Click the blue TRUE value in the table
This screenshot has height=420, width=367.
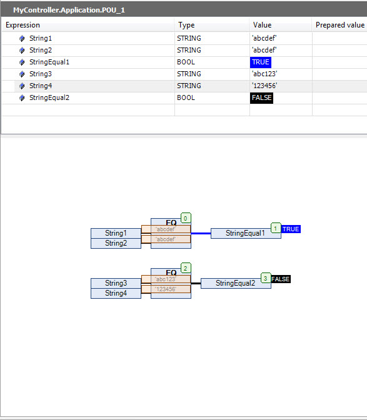point(260,62)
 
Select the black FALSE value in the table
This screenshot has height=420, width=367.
point(261,97)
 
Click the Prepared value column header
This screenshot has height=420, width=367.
point(340,25)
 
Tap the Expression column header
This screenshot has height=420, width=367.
point(23,25)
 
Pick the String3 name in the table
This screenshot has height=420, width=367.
point(41,74)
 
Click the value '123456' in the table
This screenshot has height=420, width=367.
point(264,86)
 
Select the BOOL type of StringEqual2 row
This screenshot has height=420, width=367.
point(186,97)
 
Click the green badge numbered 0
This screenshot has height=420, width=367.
point(186,218)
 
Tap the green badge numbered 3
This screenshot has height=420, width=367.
point(266,278)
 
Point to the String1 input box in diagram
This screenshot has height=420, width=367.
point(116,233)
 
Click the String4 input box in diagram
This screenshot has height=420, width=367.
point(116,293)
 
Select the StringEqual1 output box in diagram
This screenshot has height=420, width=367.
point(246,233)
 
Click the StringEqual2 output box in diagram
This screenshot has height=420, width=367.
point(236,283)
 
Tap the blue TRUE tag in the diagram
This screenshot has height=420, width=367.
point(291,229)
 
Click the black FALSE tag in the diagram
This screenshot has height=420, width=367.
point(281,279)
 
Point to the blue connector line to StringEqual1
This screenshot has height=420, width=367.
point(201,233)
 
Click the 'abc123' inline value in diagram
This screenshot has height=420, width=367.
point(166,279)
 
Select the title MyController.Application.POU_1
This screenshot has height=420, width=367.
point(69,10)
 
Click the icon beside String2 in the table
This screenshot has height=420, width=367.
point(22,51)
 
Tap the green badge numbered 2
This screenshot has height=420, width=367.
point(186,268)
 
